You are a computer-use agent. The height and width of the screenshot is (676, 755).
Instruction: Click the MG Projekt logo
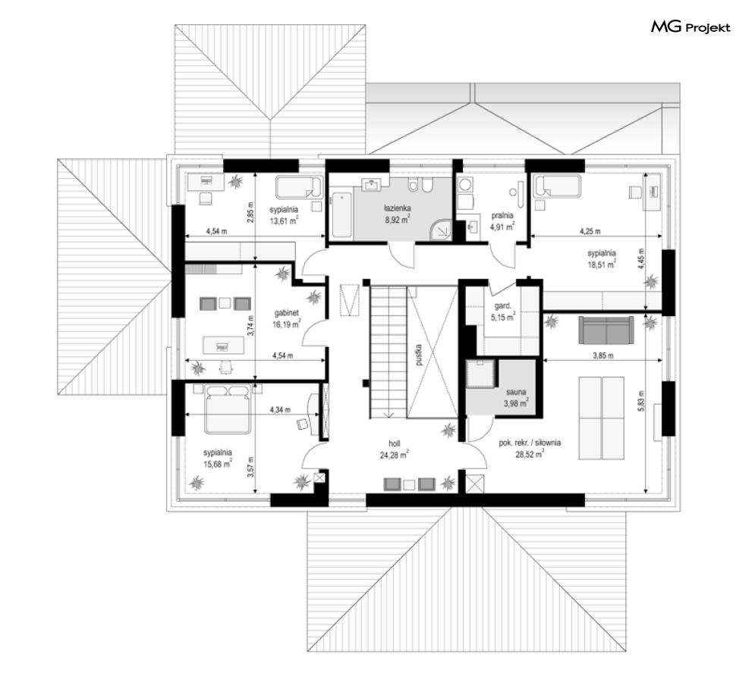coord(691,27)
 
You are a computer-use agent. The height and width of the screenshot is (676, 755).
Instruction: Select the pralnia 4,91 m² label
coord(502,221)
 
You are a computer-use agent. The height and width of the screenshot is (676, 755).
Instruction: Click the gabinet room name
coord(287,313)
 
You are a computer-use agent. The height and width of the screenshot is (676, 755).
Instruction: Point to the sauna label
coord(516,392)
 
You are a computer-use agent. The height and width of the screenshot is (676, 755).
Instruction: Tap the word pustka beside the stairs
coord(419,355)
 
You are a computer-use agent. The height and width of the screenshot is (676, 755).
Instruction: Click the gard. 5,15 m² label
coord(502,311)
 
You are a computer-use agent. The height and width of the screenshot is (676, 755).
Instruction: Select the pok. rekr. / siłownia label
coord(530,443)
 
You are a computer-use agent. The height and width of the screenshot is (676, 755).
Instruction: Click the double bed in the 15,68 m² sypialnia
coord(228,408)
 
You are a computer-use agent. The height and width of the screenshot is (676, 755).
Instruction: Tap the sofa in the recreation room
coord(606,330)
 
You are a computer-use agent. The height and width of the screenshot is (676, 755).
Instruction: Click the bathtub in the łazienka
coord(342,215)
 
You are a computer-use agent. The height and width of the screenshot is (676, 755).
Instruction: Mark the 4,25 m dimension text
coord(590,231)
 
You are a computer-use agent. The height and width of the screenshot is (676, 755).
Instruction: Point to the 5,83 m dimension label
coord(641,400)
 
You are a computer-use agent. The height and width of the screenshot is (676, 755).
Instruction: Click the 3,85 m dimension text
coord(602,355)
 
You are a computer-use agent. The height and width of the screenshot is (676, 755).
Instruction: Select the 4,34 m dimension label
coord(280,410)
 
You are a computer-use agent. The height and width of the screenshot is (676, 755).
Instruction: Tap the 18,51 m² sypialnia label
coord(602,258)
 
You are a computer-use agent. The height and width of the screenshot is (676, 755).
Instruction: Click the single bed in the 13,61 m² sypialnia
coord(298,187)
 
